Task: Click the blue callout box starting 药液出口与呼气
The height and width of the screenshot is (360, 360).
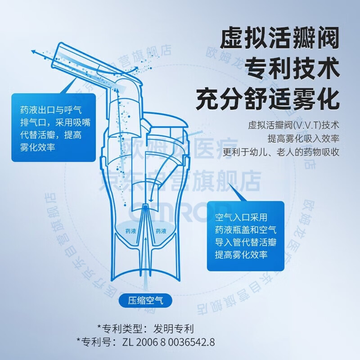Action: coord(54,128)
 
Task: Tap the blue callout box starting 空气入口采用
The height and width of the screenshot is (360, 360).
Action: coord(245,236)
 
